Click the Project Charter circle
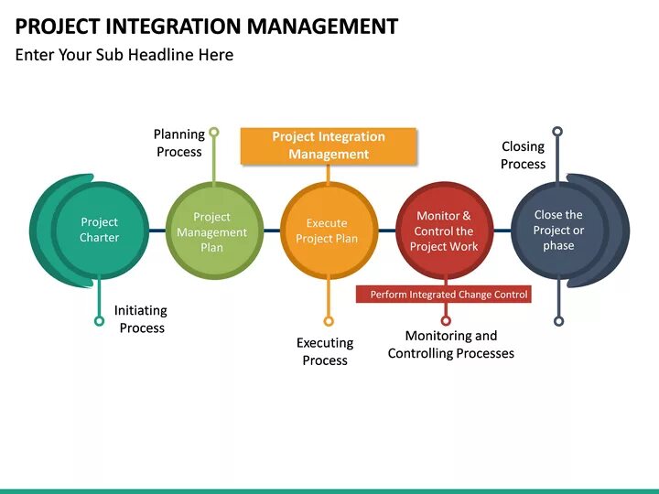coord(99,230)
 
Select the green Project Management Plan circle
coord(212,231)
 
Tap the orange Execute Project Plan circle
coord(327,231)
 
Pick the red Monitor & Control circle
coord(444,231)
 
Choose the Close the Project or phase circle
coord(558,230)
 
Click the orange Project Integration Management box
coord(329,145)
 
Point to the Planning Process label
coord(179,143)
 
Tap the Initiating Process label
coord(141,319)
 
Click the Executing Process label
coord(325,351)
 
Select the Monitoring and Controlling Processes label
coord(451,345)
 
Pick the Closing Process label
coord(524,155)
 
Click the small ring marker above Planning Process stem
coord(214,132)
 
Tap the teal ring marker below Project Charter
coord(99,320)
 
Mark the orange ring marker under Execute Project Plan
coord(329,321)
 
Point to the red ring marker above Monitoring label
coord(446,320)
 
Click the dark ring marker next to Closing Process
coord(557,132)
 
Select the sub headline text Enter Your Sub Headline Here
coord(124,55)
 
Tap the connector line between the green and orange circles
coord(271,231)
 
